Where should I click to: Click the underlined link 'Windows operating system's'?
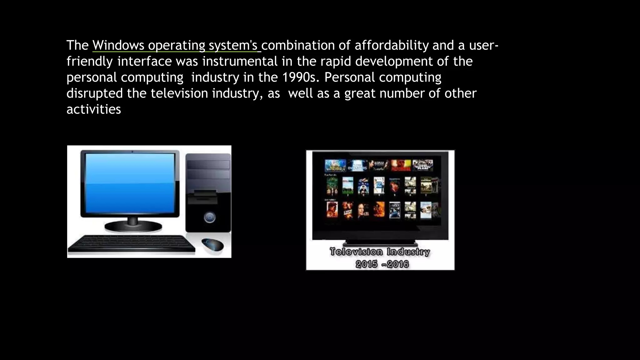176,46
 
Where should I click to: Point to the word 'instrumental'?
240,62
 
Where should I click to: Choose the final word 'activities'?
94,109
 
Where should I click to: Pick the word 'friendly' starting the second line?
89,62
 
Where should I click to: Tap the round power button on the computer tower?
209,217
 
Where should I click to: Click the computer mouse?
213,244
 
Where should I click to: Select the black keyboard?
131,244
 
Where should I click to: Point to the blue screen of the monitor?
130,183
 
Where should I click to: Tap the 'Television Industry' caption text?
380,252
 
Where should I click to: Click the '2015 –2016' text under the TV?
382,264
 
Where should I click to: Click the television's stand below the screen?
380,243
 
